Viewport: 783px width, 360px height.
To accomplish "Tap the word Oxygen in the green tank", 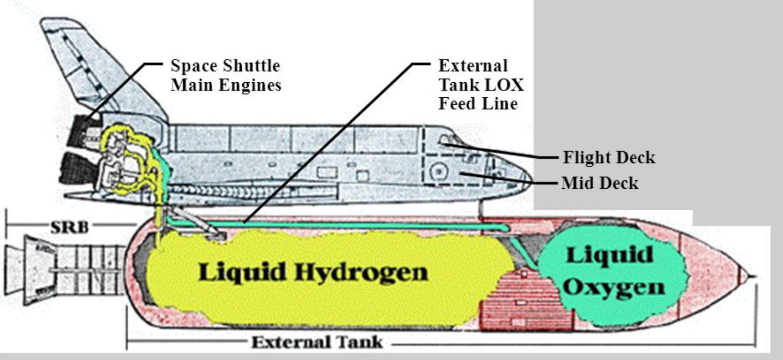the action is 614,288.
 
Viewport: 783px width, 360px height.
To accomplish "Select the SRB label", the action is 69,227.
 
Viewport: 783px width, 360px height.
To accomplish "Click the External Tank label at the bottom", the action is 317,342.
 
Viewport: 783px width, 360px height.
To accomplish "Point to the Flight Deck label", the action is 609,157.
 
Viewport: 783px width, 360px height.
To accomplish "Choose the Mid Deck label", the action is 600,183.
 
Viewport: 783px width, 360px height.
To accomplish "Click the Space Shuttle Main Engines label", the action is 226,75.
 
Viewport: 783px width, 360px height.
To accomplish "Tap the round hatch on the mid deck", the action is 439,172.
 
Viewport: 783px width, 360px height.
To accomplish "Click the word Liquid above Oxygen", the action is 609,256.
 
